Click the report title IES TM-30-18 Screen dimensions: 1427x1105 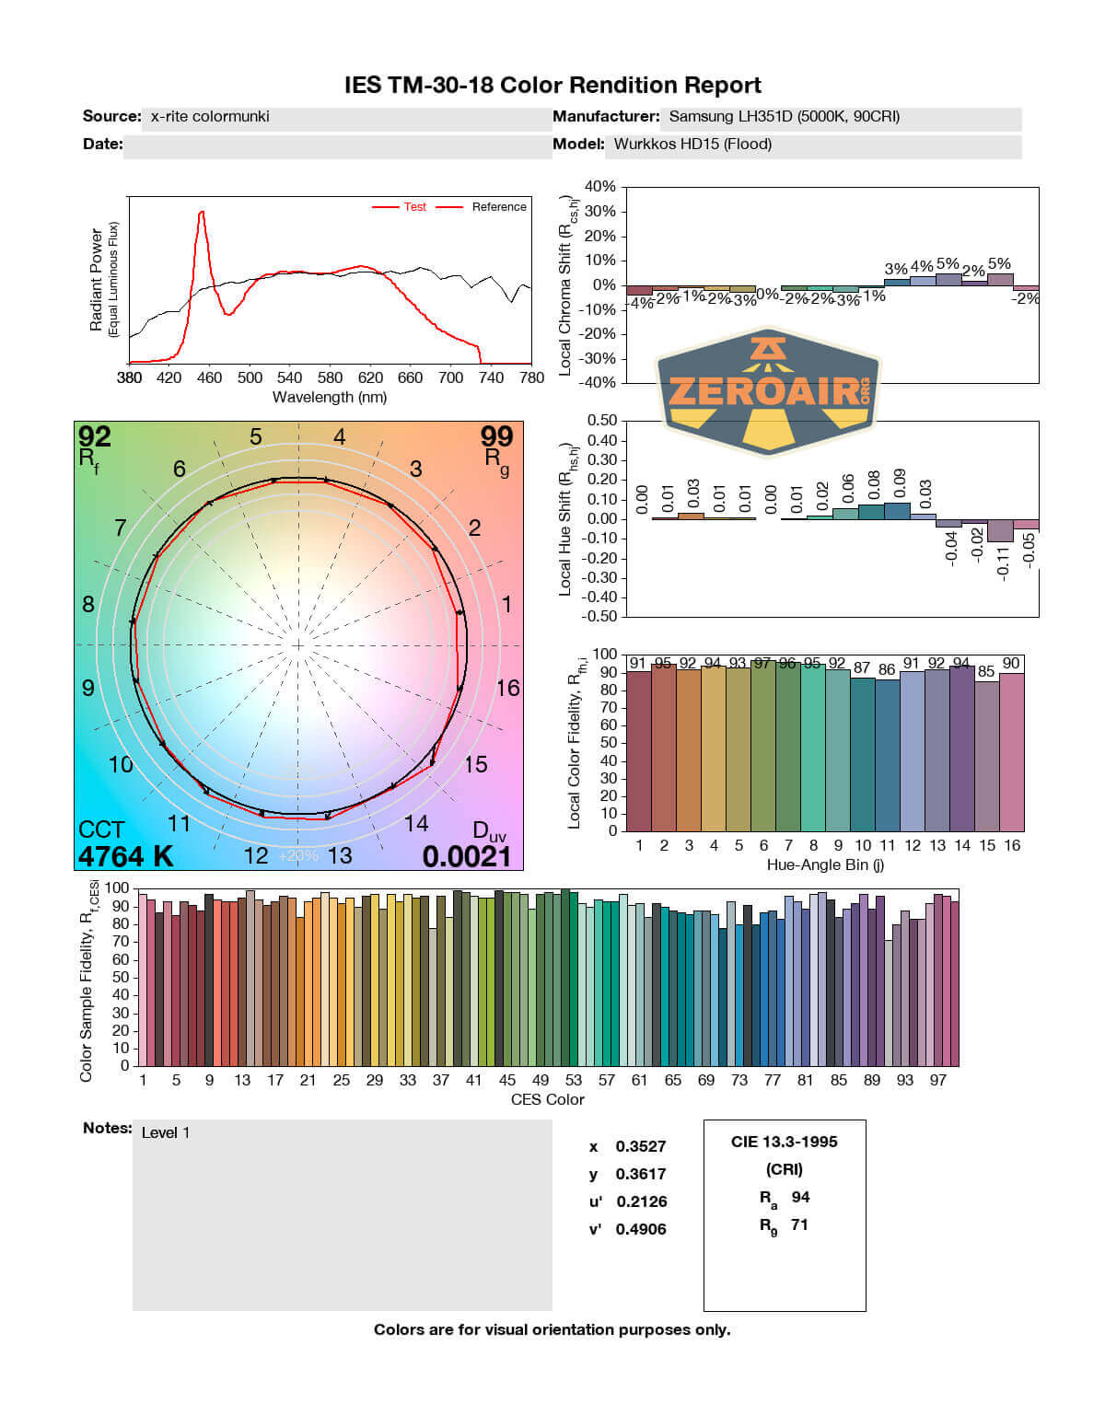click(x=552, y=86)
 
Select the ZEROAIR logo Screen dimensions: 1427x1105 click(x=768, y=391)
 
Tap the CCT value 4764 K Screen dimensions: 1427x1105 click(x=125, y=856)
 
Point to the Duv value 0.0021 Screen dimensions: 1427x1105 click(x=466, y=856)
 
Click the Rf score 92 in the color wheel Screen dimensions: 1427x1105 click(x=95, y=436)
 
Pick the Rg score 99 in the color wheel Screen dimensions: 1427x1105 click(x=496, y=436)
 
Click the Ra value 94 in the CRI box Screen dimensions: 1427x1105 click(x=800, y=1197)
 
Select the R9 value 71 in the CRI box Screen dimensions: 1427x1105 click(x=799, y=1224)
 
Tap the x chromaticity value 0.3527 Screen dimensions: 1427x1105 click(x=641, y=1146)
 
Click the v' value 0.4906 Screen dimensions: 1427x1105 click(x=641, y=1229)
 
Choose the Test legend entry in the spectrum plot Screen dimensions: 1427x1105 click(x=414, y=207)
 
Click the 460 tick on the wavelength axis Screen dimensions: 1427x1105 click(x=209, y=377)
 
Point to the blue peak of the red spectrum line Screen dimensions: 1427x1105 click(x=201, y=213)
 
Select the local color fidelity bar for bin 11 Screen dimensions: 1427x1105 click(x=887, y=755)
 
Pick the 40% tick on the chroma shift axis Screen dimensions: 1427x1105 click(x=599, y=187)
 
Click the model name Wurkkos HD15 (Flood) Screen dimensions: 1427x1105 click(x=692, y=144)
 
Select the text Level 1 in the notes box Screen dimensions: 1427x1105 click(x=166, y=1132)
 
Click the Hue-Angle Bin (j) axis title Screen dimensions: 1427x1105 click(x=825, y=864)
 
